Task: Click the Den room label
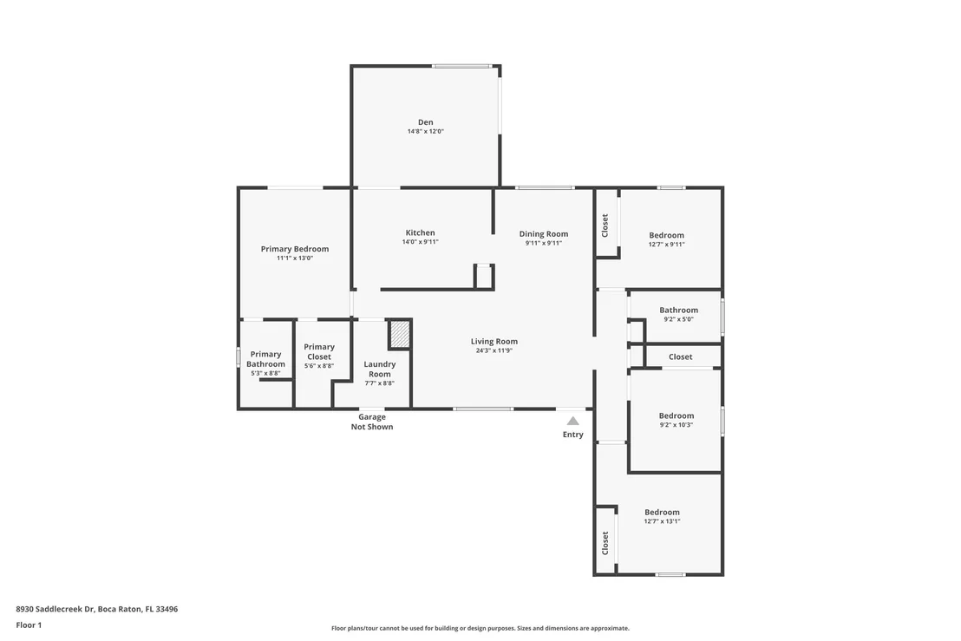(425, 122)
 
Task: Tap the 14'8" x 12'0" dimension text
(425, 131)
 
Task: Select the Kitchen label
(421, 232)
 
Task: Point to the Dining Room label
(544, 233)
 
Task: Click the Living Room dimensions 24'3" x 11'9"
(494, 350)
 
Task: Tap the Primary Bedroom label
(295, 249)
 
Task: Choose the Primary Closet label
(319, 352)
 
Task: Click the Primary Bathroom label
(265, 359)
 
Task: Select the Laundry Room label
(379, 369)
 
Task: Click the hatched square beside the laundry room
(400, 334)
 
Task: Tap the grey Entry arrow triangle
(573, 421)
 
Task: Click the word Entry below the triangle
(573, 435)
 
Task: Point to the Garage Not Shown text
(372, 422)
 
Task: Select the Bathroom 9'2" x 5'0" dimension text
(678, 319)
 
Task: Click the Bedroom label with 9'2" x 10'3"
(677, 415)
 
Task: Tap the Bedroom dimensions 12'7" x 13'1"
(662, 521)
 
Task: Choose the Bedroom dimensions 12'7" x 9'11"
(666, 244)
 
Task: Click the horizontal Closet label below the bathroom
(680, 356)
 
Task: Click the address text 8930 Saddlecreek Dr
(56, 609)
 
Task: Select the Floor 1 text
(29, 625)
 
